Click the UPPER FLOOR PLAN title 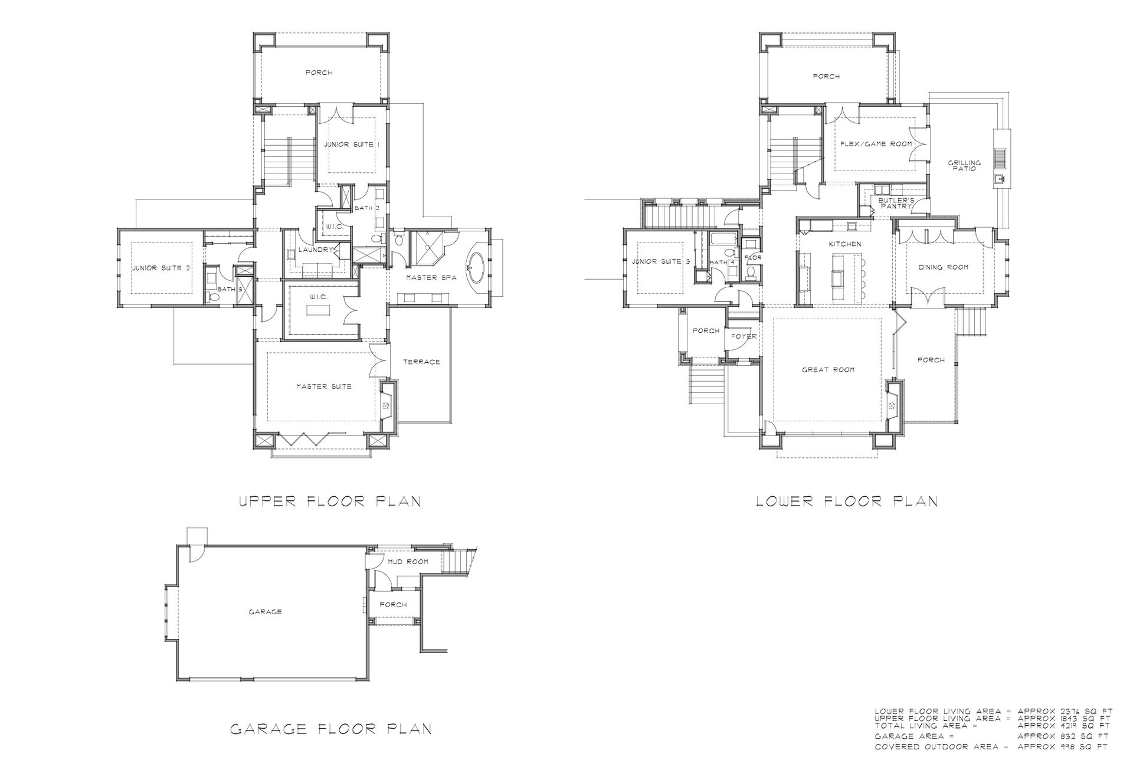(330, 502)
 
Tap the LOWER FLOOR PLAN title (847, 502)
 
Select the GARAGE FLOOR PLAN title (330, 729)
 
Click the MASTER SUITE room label (324, 386)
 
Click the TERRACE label (421, 362)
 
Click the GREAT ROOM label (828, 370)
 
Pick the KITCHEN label (845, 244)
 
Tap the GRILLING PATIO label (964, 166)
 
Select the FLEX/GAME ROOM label (876, 144)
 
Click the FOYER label (744, 336)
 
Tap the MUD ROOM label (408, 562)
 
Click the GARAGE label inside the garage (265, 612)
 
